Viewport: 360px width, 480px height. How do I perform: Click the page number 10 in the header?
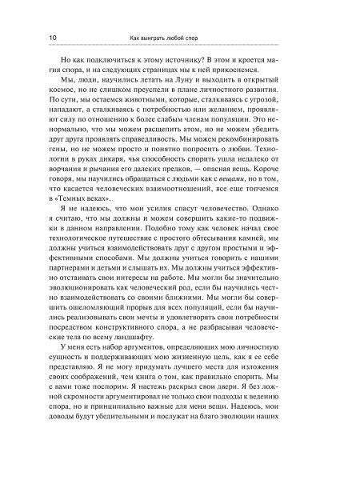tap(53, 37)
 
